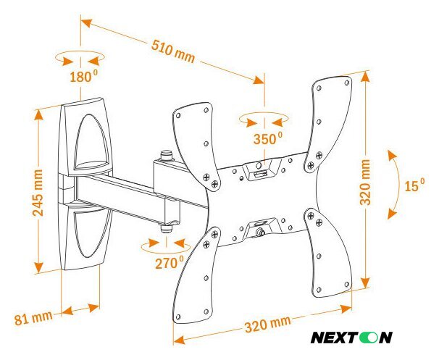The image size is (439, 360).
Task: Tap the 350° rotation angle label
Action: tap(267, 138)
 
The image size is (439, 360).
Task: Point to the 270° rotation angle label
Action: tap(169, 263)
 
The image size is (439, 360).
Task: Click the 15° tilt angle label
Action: tap(414, 186)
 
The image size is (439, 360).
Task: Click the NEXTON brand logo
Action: tap(351, 337)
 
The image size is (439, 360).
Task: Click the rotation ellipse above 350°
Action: tap(266, 118)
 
